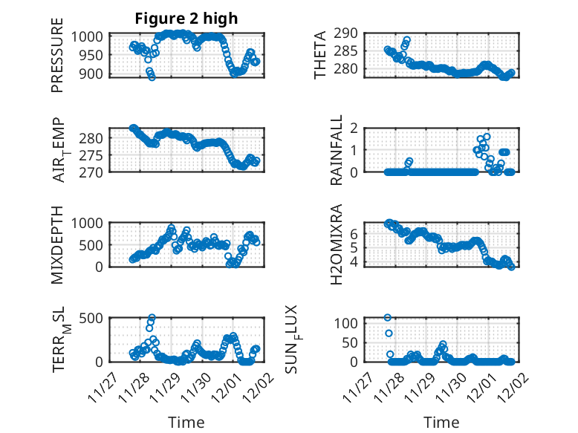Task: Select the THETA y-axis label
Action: coord(320,56)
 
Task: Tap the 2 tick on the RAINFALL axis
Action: coord(357,128)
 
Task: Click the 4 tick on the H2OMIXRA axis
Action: coord(357,261)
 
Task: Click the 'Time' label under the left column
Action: coord(186,422)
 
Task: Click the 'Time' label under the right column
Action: coord(441,422)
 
